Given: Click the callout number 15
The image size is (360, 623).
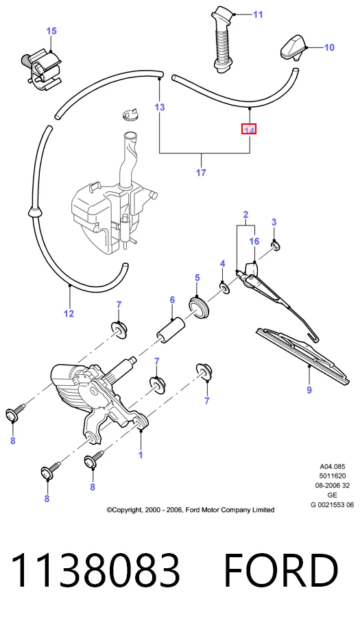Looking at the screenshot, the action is (x=51, y=31).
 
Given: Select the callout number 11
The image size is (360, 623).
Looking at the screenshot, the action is (x=258, y=14).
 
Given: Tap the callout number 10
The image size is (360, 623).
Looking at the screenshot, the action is (x=329, y=48).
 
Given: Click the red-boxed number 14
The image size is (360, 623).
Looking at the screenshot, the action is (x=249, y=129).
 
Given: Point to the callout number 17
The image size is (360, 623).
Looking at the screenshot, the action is (x=201, y=173).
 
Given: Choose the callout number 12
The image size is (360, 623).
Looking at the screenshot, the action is (x=69, y=314).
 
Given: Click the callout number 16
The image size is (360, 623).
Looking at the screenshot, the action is (x=254, y=241).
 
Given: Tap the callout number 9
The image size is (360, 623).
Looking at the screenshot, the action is (x=309, y=390).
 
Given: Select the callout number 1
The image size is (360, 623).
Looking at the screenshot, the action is (x=141, y=455).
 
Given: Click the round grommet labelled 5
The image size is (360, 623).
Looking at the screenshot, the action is (x=199, y=308).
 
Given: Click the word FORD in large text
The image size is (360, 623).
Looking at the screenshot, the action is (x=281, y=571).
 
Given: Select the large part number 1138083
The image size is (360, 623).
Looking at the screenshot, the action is (x=96, y=571).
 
